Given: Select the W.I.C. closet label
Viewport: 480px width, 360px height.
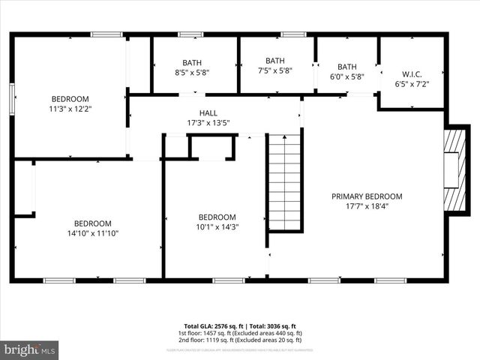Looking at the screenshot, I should tap(412, 74).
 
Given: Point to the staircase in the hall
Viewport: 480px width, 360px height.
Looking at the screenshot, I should tap(285, 181).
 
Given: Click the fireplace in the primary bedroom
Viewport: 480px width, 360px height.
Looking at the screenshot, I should tap(453, 170).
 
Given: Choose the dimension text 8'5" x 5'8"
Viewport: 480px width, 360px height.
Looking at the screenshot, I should tap(193, 73).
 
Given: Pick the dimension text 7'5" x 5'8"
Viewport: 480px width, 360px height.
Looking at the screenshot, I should tap(274, 71).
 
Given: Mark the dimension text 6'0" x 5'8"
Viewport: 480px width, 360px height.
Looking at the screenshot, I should tap(347, 76).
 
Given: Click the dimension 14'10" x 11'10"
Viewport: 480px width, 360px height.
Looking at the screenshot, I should tap(92, 233).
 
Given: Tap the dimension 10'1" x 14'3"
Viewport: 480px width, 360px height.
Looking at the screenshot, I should tap(217, 227).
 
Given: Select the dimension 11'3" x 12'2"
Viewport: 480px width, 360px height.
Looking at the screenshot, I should tap(70, 109).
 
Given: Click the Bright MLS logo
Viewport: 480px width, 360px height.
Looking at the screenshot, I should tap(29, 349).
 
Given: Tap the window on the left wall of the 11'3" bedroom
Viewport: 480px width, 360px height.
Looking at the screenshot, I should tap(12, 97).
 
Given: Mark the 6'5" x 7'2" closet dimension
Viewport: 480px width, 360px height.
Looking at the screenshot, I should tap(412, 84).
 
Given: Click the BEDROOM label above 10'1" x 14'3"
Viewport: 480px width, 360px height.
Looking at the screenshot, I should tap(217, 217).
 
